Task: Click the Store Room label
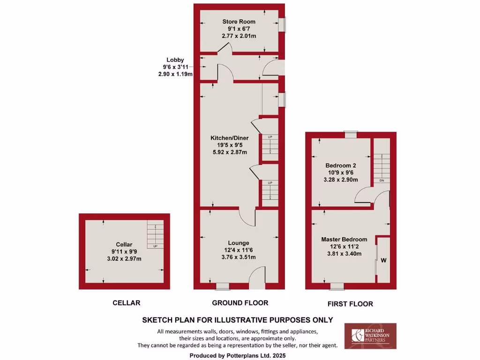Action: (x=239, y=22)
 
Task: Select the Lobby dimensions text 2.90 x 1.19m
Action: (x=175, y=75)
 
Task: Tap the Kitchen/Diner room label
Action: (x=229, y=138)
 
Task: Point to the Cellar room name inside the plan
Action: (x=124, y=245)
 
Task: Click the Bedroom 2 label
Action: (x=341, y=165)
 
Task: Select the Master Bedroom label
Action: (x=344, y=240)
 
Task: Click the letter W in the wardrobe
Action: (x=383, y=260)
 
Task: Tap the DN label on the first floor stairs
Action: (x=382, y=180)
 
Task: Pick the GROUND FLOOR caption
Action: (x=240, y=303)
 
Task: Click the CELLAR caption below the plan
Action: (x=126, y=303)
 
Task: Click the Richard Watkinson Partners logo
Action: (x=370, y=336)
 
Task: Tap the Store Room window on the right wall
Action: (x=283, y=25)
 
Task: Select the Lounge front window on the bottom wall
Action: (x=223, y=285)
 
